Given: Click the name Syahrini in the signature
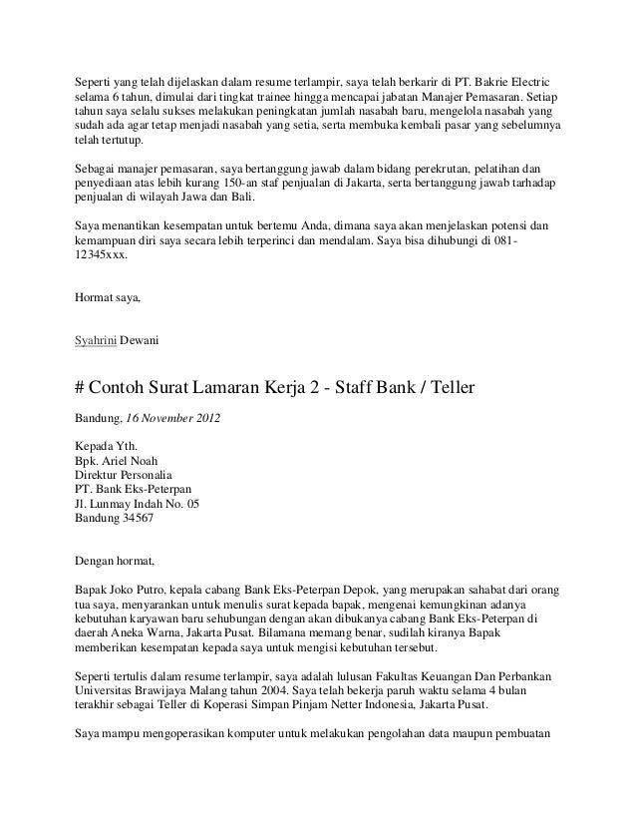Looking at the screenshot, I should click(96, 341).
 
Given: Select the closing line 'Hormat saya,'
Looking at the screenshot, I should click(109, 298).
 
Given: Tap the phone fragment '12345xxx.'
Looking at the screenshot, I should click(101, 255).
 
